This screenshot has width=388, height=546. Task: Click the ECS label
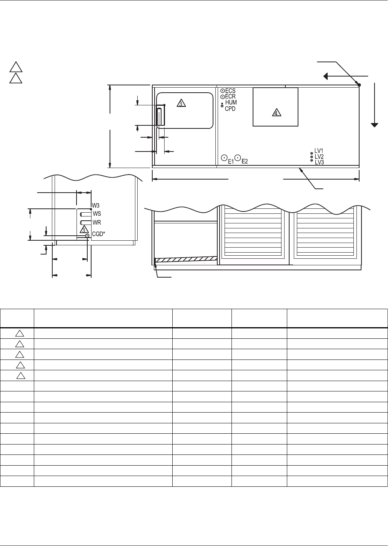[x=230, y=91]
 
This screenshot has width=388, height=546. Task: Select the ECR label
[x=230, y=97]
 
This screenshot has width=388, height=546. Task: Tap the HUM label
[x=231, y=102]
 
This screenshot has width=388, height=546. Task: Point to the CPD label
[x=230, y=109]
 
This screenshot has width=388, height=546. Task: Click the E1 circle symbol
[x=224, y=158]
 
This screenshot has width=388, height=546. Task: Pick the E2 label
[x=245, y=161]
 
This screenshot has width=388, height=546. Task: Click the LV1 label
[x=319, y=151]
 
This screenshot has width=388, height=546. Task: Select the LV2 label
[x=319, y=157]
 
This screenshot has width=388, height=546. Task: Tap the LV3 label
[x=319, y=162]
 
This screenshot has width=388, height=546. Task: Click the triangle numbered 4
[x=276, y=113]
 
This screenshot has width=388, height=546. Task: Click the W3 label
[x=95, y=205]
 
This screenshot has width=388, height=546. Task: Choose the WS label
[x=97, y=213]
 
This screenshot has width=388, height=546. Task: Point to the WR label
[x=97, y=222]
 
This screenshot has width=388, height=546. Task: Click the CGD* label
[x=98, y=234]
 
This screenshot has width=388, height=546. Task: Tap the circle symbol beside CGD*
[x=87, y=236]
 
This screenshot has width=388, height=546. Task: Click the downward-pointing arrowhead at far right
[x=375, y=125]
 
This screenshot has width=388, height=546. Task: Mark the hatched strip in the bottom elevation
[x=186, y=259]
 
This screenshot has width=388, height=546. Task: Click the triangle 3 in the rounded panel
[x=181, y=103]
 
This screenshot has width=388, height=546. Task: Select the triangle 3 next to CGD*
[x=84, y=230]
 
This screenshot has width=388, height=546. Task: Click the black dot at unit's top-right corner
[x=359, y=85]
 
